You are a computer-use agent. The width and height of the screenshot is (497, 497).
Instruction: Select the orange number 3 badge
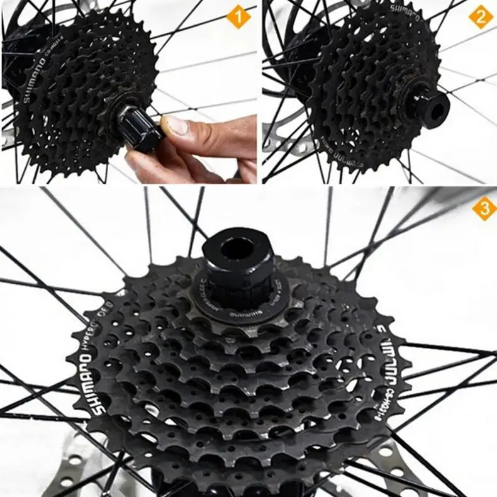tap(484, 209)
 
